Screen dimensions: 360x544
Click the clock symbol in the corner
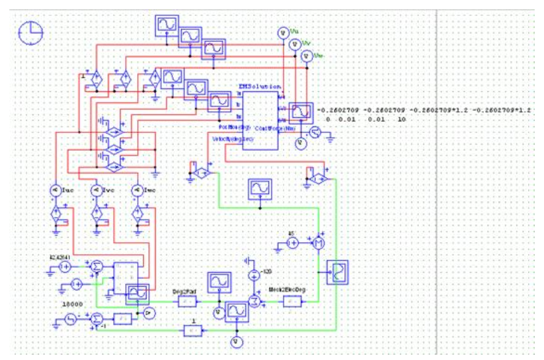31,32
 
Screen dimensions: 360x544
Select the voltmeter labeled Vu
281,32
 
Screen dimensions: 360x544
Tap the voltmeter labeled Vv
294,44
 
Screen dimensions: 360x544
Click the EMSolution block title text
260,87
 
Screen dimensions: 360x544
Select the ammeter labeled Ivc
97,190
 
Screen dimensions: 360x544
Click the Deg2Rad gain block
186,301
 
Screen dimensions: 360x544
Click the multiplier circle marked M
317,244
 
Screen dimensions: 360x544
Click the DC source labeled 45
292,244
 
